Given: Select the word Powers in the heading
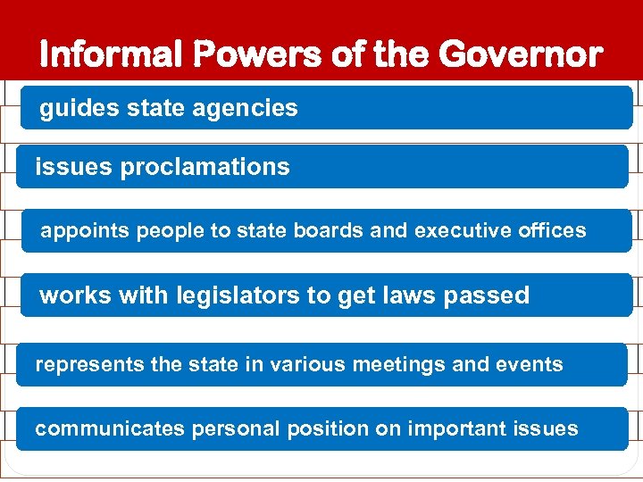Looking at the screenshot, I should (255, 54).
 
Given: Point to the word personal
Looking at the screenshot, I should (236, 429).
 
